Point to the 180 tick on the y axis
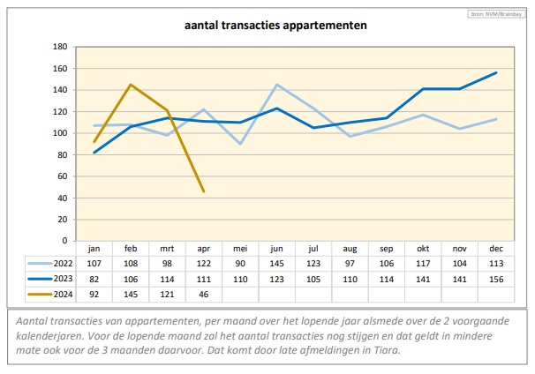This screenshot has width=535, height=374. pyautogui.click(x=60, y=47)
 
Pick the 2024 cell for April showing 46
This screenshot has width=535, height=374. pyautogui.click(x=203, y=294)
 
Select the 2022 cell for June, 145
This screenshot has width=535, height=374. pyautogui.click(x=276, y=263)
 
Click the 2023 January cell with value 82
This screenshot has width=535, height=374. pyautogui.click(x=94, y=279)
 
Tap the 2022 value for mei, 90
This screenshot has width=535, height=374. pyautogui.click(x=239, y=263)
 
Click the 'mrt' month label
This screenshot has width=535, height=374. pyautogui.click(x=167, y=249)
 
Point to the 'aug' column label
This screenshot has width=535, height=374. pyautogui.click(x=349, y=249)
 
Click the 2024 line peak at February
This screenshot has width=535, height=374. pyautogui.click(x=131, y=85)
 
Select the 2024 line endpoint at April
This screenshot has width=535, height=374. pyautogui.click(x=204, y=191)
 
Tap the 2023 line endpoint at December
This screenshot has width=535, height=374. pyautogui.click(x=497, y=72)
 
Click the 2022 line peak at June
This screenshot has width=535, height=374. pyautogui.click(x=277, y=85)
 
